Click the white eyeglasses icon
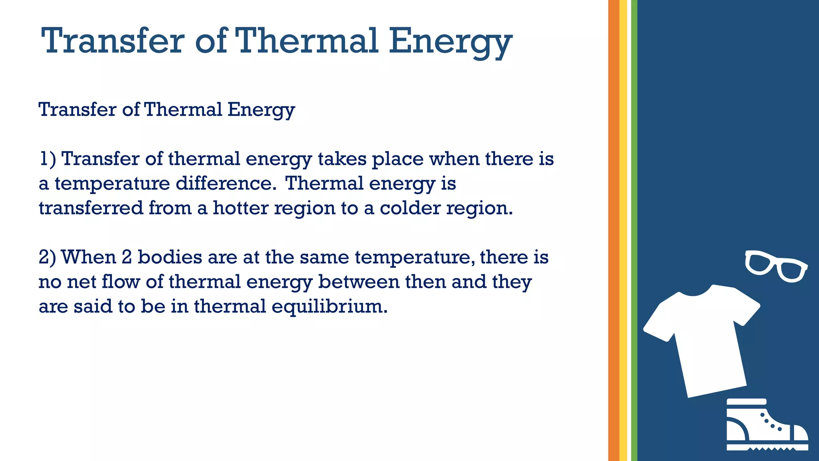click(x=776, y=266)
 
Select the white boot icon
click(x=766, y=426)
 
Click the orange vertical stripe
click(x=613, y=230)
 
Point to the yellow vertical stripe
click(x=623, y=230)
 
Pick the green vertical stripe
click(x=634, y=230)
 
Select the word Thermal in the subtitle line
click(x=183, y=109)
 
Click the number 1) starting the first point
click(x=47, y=159)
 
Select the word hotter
click(x=240, y=208)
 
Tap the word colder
click(x=410, y=208)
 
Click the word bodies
click(x=170, y=257)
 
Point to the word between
click(x=359, y=282)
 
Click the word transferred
click(x=91, y=208)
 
